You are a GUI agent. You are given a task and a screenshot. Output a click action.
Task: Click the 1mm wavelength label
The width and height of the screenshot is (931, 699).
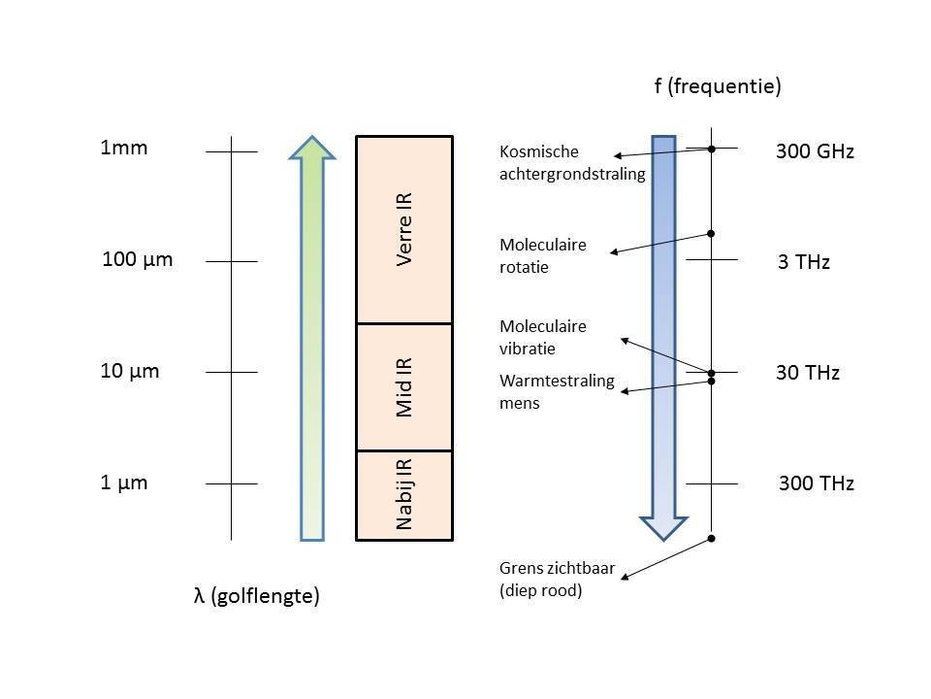124,149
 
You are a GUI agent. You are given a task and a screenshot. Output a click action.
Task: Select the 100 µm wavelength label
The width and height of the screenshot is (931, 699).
137,259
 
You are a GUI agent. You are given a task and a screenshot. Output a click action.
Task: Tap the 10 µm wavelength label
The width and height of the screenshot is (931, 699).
130,371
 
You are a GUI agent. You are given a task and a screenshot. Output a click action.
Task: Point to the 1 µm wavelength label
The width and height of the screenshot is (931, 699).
124,483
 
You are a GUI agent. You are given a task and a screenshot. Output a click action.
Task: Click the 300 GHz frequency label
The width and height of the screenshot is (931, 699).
815,151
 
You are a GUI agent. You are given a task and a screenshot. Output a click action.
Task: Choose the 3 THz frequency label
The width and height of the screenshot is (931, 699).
804,262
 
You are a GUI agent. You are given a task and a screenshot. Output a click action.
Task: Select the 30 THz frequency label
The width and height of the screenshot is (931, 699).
808,373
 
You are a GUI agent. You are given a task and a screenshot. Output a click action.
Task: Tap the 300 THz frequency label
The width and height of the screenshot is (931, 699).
816,483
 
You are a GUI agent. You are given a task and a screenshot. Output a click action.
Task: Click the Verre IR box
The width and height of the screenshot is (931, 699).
404,229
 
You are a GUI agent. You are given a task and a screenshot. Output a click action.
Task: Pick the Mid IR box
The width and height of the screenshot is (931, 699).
404,386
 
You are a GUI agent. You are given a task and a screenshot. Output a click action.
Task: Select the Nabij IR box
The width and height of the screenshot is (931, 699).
404,495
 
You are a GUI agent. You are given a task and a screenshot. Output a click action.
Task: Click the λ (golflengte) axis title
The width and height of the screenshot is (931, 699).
257,597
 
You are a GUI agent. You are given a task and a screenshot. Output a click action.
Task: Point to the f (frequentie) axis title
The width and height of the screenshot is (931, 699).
718,86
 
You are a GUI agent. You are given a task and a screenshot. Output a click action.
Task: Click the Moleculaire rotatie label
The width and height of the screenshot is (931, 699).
543,255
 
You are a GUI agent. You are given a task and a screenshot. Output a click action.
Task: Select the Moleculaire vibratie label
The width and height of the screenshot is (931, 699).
543,337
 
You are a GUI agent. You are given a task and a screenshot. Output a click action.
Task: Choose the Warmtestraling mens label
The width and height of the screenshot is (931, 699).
558,391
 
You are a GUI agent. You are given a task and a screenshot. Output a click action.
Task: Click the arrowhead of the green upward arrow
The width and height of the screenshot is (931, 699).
312,147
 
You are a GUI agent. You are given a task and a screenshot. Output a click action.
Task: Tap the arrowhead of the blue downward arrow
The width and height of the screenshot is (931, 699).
663,526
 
